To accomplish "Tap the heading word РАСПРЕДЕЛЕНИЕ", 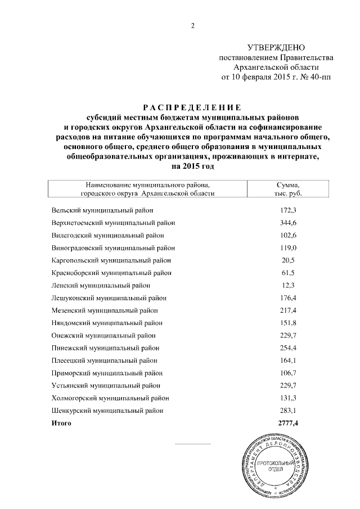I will click(191, 107).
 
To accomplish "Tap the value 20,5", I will click(288, 260).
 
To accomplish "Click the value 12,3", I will click(288, 285).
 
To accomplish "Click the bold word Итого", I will click(61, 422).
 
